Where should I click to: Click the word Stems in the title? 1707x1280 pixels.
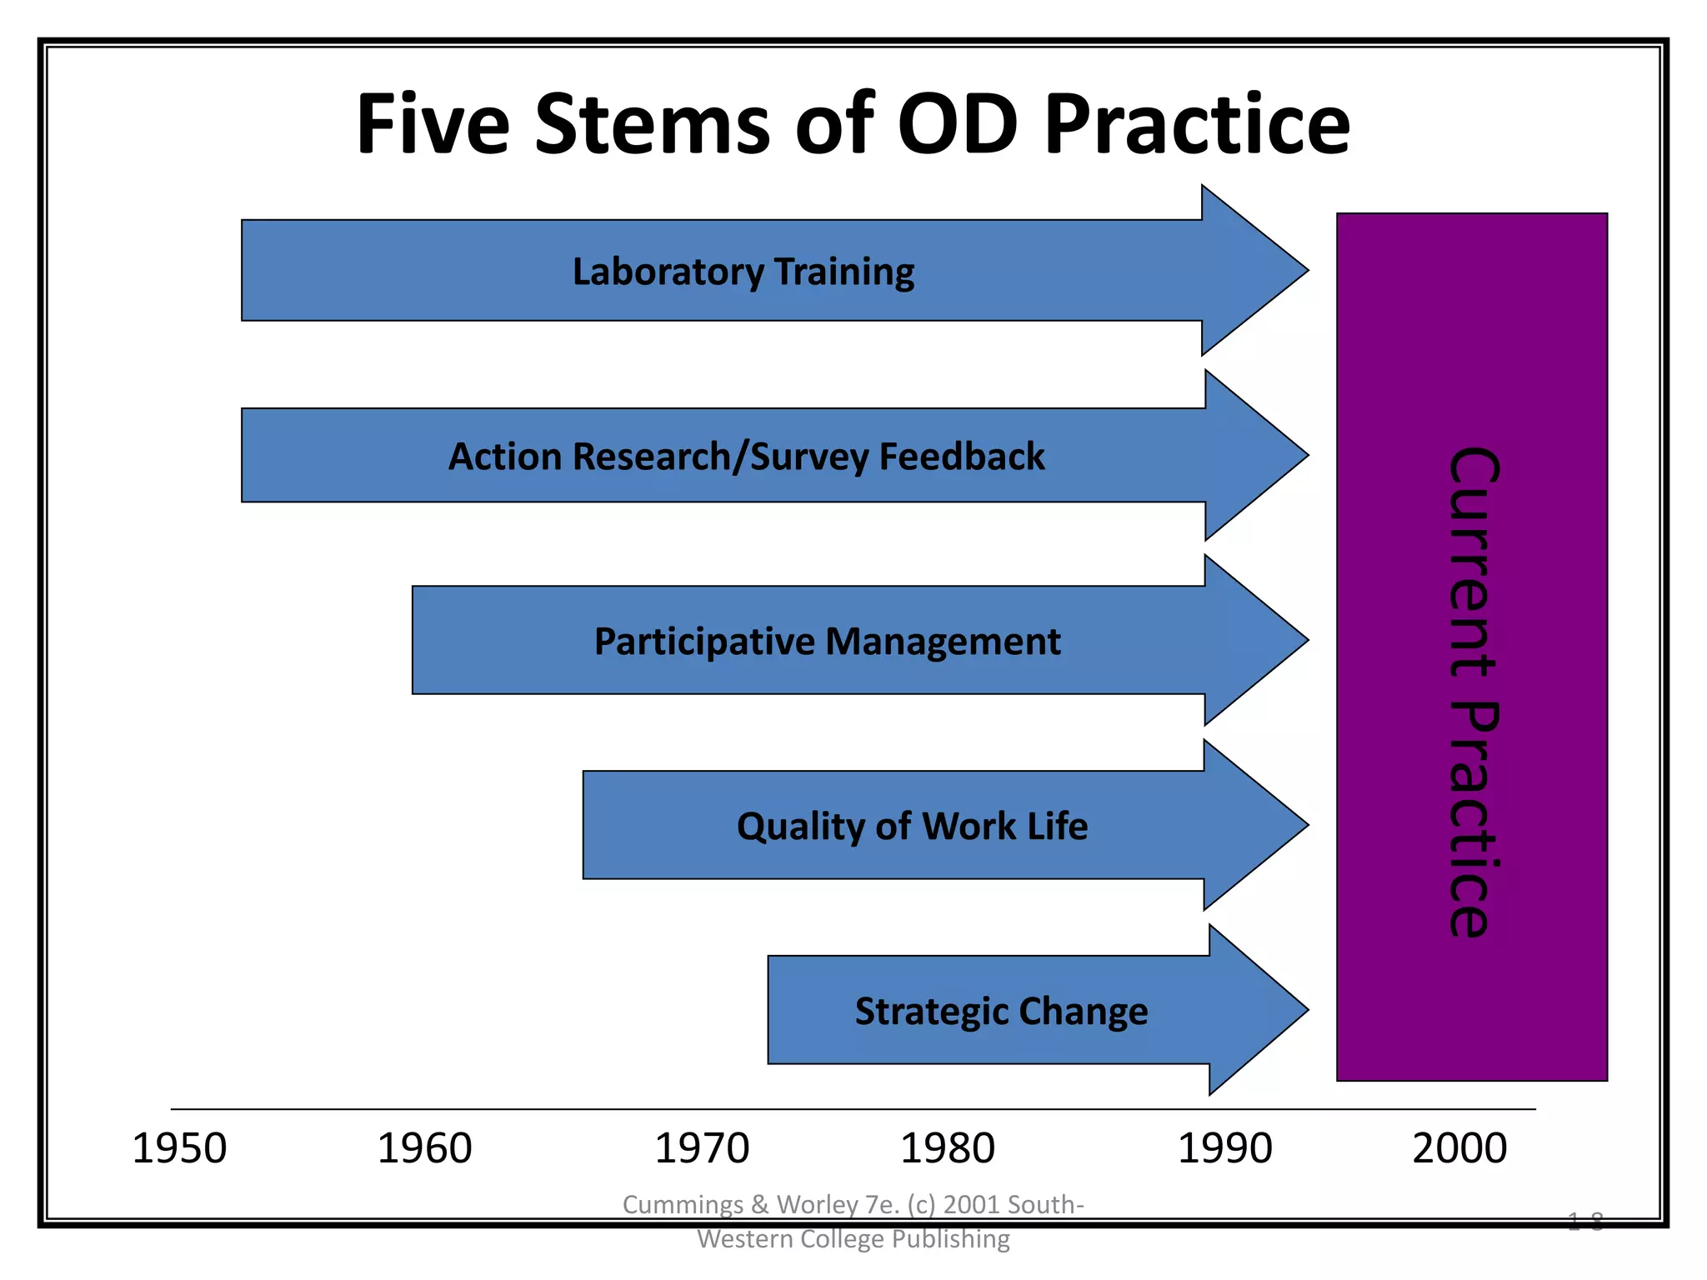pyautogui.click(x=652, y=125)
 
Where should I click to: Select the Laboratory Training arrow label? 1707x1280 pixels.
pyautogui.click(x=743, y=272)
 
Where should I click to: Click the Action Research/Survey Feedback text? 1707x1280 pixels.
pyautogui.click(x=746, y=457)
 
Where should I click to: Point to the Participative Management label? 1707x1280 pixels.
pyautogui.click(x=827, y=642)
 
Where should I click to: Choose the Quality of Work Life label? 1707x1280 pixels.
pyautogui.click(x=912, y=827)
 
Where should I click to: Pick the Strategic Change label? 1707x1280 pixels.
pyautogui.click(x=1001, y=1012)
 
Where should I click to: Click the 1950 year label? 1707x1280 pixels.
pyautogui.click(x=179, y=1149)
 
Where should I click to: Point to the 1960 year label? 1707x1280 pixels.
pyautogui.click(x=424, y=1149)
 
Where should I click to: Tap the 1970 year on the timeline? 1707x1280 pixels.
pyautogui.click(x=702, y=1149)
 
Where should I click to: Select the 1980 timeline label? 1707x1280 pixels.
pyautogui.click(x=948, y=1149)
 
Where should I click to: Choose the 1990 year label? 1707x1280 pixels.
pyautogui.click(x=1224, y=1149)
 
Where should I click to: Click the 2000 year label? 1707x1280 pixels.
pyautogui.click(x=1459, y=1149)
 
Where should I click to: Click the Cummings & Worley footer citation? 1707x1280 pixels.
pyautogui.click(x=853, y=1222)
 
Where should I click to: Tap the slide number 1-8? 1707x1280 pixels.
pyautogui.click(x=1584, y=1222)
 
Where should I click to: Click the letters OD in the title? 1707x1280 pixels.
pyautogui.click(x=957, y=125)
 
